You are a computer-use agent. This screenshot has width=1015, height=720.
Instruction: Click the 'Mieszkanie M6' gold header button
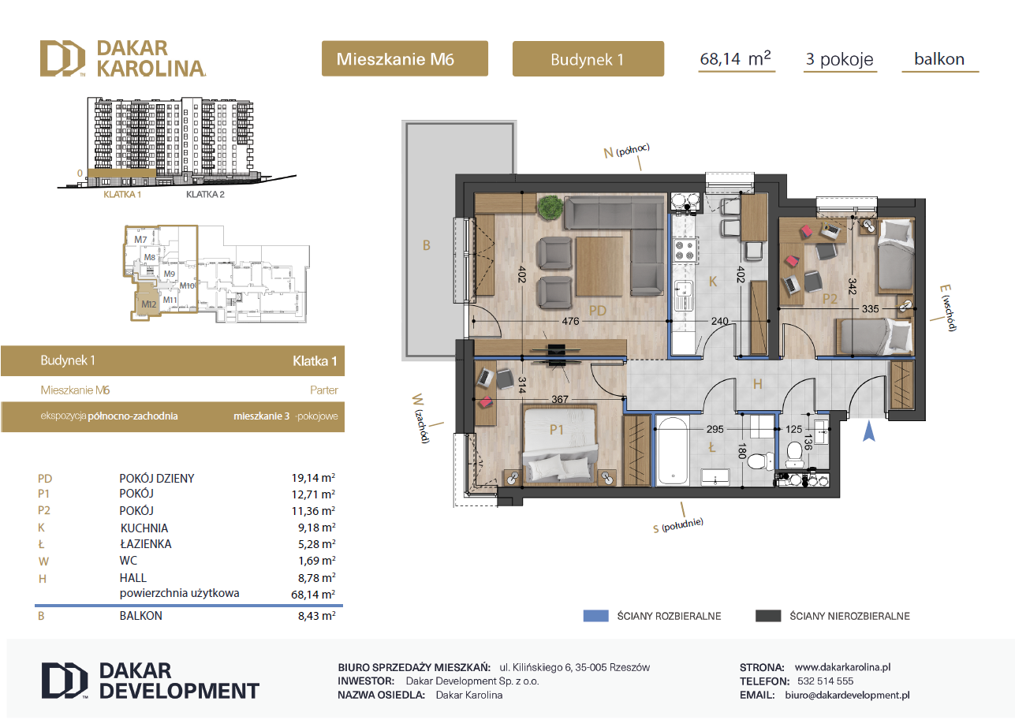405,58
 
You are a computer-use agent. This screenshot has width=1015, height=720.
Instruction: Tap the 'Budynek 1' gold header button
588,59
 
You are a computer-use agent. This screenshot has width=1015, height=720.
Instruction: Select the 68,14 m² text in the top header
735,59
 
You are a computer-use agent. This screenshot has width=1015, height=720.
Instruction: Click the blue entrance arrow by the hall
868,431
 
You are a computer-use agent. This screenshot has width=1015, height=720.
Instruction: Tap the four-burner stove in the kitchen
685,251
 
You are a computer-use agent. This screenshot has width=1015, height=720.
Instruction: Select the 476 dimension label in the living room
570,321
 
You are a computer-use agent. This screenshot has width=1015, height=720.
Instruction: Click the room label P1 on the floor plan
556,430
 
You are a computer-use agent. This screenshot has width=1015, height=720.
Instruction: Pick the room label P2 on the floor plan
829,299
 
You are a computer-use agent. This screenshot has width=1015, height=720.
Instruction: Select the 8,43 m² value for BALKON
317,615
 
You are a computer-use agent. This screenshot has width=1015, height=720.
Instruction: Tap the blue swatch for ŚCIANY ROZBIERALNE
595,616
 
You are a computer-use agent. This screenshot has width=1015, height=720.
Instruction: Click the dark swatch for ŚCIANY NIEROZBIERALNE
768,616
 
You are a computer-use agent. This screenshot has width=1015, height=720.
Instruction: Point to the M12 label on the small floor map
148,304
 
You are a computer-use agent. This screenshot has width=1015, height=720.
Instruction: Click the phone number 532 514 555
825,681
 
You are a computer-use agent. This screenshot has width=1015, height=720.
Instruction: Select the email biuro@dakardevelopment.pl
847,695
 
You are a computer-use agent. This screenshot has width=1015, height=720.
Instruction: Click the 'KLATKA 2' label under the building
205,194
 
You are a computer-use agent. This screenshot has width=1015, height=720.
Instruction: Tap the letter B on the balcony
426,245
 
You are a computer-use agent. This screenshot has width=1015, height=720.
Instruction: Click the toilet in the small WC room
794,454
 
